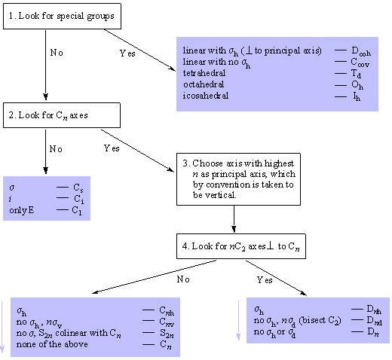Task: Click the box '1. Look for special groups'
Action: pyautogui.click(x=62, y=16)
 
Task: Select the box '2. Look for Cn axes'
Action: pyautogui.click(x=62, y=115)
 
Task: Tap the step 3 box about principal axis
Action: pyautogui.click(x=238, y=179)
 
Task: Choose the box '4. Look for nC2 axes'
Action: pyautogui.click(x=241, y=246)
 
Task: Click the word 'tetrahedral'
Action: pyautogui.click(x=204, y=73)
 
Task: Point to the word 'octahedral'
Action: pyautogui.click(x=204, y=84)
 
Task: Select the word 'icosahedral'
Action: pyautogui.click(x=206, y=96)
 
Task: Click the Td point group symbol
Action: pyautogui.click(x=356, y=74)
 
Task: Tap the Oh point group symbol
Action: pyautogui.click(x=357, y=85)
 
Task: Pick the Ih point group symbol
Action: pyautogui.click(x=357, y=96)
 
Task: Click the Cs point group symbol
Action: pyautogui.click(x=78, y=188)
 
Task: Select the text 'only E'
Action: pyautogui.click(x=22, y=210)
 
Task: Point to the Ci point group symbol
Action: pyautogui.click(x=78, y=199)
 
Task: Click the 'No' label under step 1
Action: pyautogui.click(x=57, y=53)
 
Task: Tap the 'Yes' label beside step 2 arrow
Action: pyautogui.click(x=112, y=148)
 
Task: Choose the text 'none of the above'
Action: pyautogui.click(x=52, y=344)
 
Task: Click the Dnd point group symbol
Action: pyautogui.click(x=374, y=321)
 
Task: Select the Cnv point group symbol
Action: pyautogui.click(x=167, y=322)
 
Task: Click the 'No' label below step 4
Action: pyautogui.click(x=183, y=279)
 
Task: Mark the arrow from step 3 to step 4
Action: pyautogui.click(x=234, y=219)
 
